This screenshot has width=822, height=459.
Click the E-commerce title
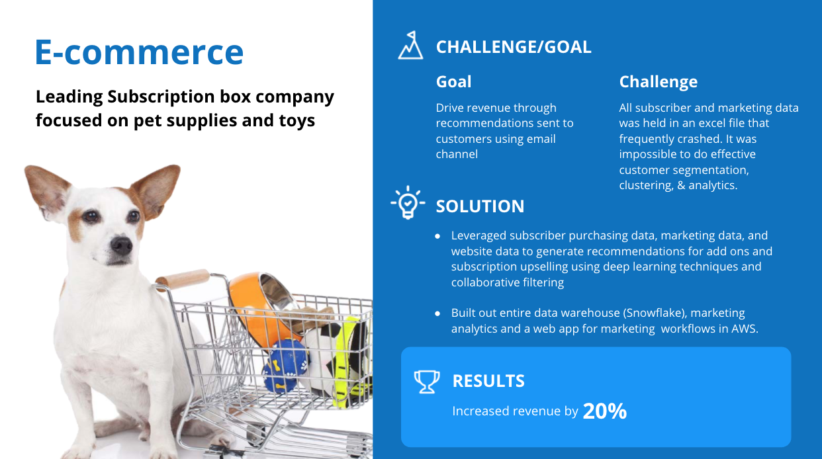point(139,52)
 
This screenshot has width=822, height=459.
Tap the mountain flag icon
point(410,45)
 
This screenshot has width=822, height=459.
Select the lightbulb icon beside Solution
point(408,202)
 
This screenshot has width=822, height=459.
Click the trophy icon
point(427,382)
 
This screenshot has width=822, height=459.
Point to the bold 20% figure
point(605,411)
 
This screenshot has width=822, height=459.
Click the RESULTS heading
point(488,381)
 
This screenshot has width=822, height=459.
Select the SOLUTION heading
point(480,206)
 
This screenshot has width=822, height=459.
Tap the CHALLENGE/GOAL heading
point(514,47)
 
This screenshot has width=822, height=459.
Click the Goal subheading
point(453,81)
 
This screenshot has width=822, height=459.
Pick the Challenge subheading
point(659,82)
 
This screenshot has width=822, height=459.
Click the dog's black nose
point(121,245)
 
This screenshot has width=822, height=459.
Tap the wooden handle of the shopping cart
point(183,279)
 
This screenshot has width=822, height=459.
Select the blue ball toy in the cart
point(285,366)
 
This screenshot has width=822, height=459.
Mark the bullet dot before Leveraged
point(437,237)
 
